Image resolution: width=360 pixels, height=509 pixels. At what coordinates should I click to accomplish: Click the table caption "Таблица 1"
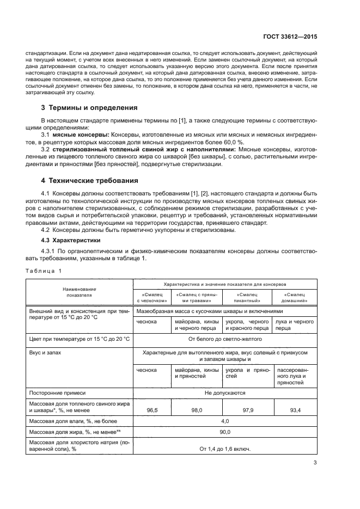coord(44,271)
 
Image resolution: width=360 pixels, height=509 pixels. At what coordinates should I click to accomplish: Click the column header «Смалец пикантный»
coord(247,297)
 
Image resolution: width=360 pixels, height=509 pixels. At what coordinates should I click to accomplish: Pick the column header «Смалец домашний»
coord(295,297)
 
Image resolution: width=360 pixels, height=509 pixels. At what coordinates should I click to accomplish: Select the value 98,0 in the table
coord(197,409)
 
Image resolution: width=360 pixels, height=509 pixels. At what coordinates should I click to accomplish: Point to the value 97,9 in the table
coord(247,409)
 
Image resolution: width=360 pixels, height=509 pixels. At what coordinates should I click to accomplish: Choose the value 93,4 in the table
coord(294,409)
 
